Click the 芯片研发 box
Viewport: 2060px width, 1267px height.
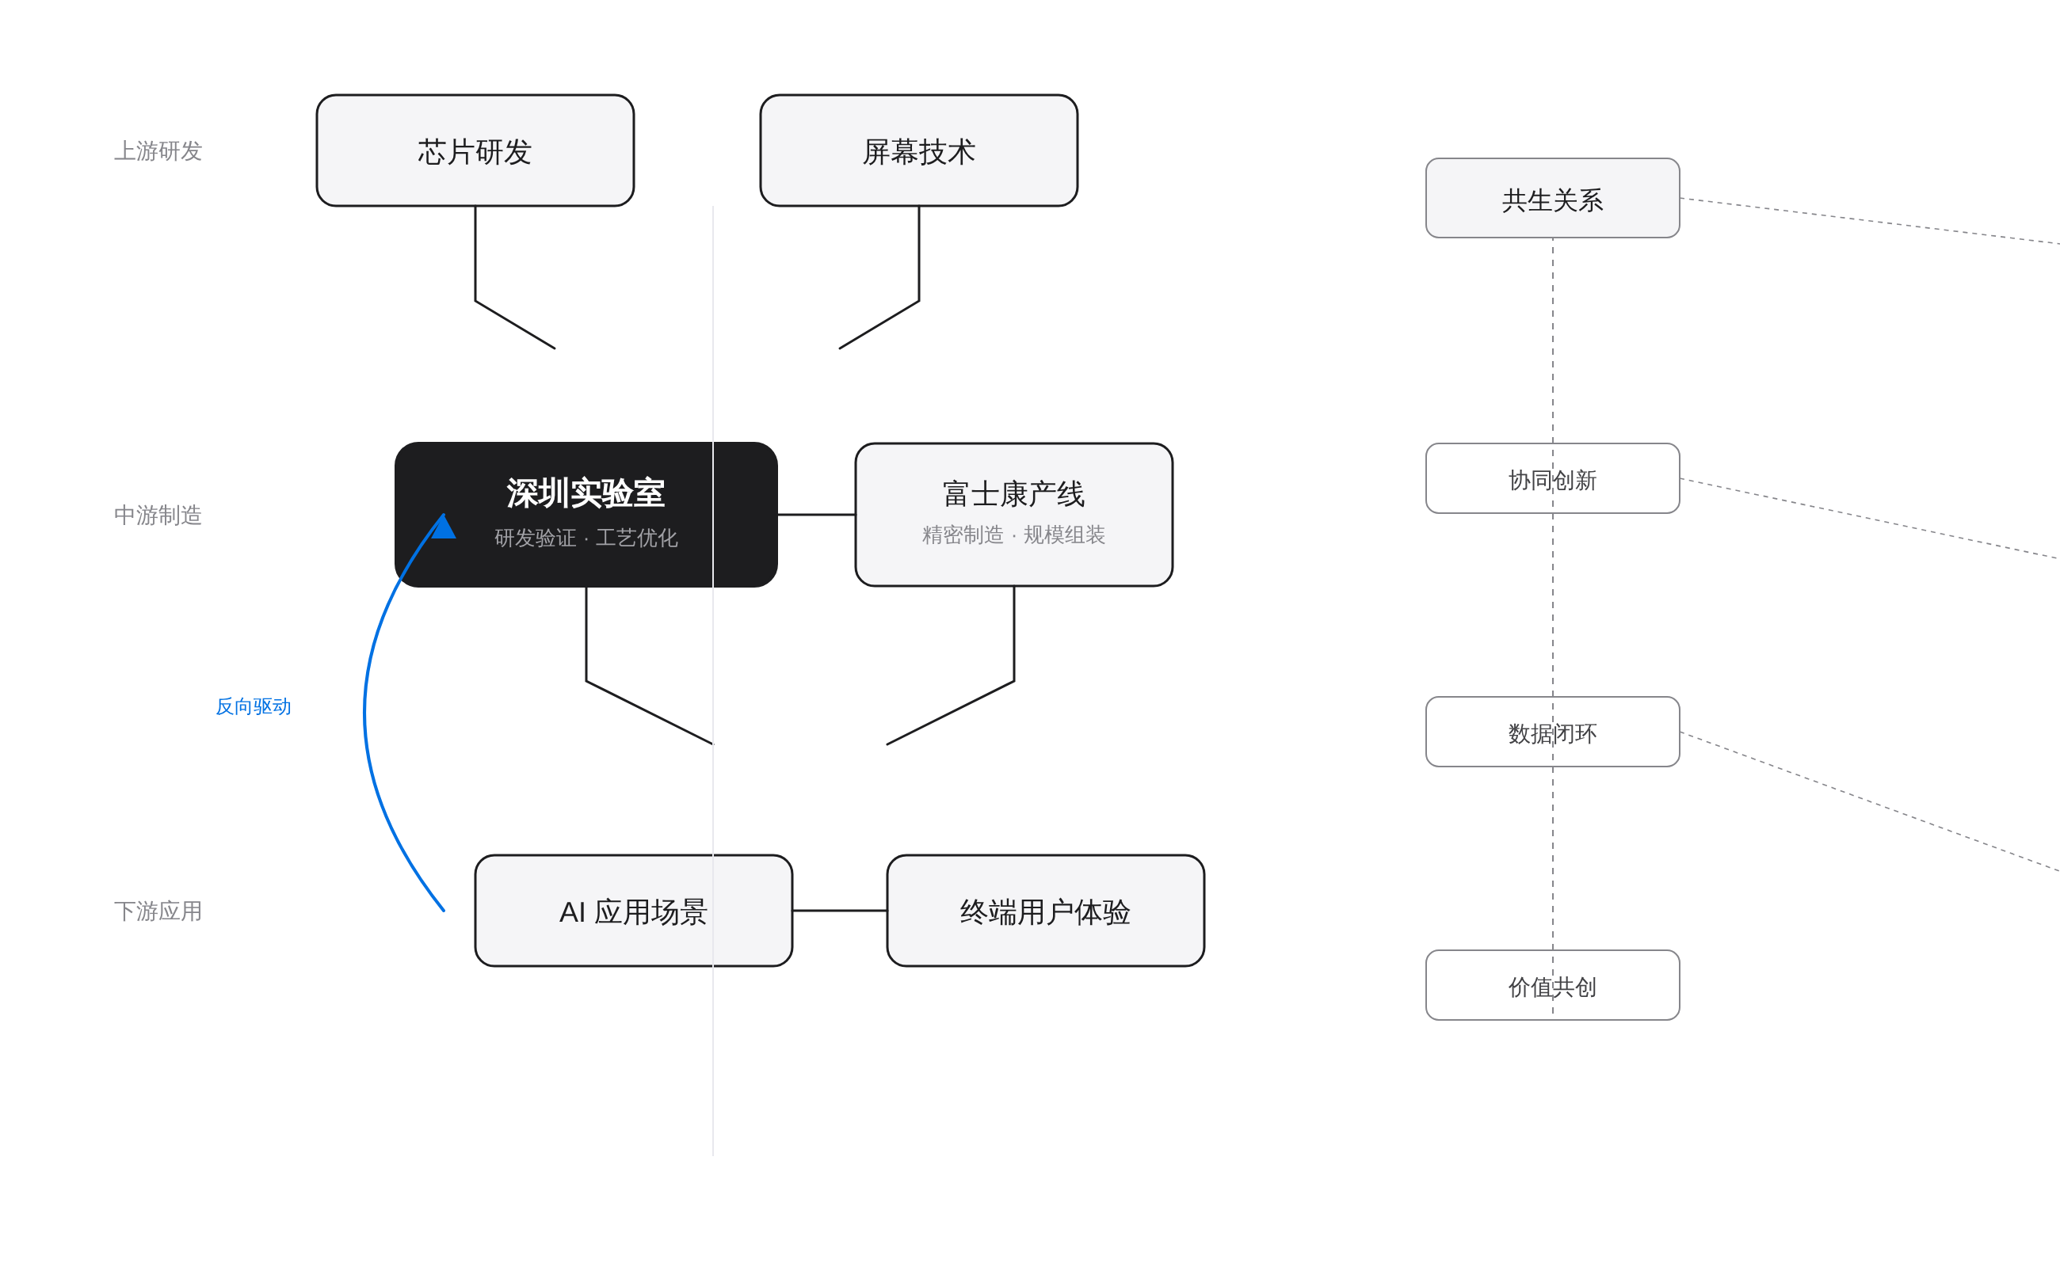[x=475, y=150]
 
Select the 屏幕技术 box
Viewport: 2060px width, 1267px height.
[x=918, y=150]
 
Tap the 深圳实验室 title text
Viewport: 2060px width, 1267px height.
[x=586, y=493]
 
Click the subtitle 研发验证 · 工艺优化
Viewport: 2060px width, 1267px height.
[x=586, y=538]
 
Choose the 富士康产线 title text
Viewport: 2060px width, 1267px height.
[x=1013, y=493]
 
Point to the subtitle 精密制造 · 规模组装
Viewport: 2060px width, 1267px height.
[x=1013, y=535]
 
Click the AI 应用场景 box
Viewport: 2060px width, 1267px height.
[x=633, y=911]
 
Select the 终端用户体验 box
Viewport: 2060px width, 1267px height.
[x=1045, y=911]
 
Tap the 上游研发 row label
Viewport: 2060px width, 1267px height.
[x=158, y=150]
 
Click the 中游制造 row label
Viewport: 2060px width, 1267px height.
[x=158, y=515]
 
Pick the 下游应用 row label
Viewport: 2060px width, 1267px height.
[x=158, y=911]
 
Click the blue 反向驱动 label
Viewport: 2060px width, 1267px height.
[x=254, y=706]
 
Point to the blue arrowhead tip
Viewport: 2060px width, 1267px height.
[x=443, y=516]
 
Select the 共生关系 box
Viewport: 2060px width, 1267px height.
[x=1552, y=199]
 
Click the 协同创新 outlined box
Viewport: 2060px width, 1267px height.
[x=1552, y=478]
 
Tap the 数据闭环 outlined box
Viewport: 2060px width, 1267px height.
[x=1552, y=732]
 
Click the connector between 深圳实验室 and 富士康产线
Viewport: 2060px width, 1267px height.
[x=816, y=515]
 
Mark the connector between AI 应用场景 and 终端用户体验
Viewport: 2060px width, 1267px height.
[x=839, y=911]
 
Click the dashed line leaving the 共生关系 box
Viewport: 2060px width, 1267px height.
[x=1870, y=221]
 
